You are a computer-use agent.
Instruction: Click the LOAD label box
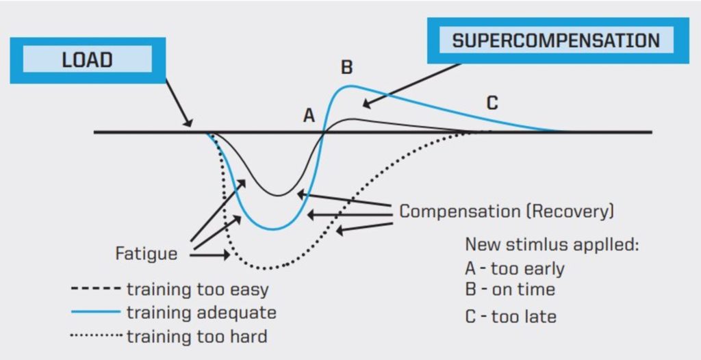(x=87, y=60)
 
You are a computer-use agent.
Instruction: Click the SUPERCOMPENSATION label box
(x=555, y=40)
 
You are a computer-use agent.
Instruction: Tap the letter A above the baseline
(x=309, y=116)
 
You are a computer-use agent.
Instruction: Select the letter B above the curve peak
(x=346, y=67)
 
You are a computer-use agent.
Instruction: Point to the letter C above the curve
(x=492, y=103)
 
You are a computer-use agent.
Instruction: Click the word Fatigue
(x=146, y=254)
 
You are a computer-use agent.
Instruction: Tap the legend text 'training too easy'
(x=198, y=290)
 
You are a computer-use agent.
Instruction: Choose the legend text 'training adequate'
(x=201, y=313)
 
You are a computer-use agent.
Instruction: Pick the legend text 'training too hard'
(x=196, y=336)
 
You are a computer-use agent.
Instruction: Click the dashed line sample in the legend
(x=95, y=290)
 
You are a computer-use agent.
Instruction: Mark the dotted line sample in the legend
(x=95, y=336)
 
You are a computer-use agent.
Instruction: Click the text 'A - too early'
(x=515, y=268)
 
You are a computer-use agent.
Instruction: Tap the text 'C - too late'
(x=510, y=316)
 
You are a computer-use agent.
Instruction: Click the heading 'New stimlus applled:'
(x=552, y=244)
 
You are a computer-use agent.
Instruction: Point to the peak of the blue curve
(x=350, y=86)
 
